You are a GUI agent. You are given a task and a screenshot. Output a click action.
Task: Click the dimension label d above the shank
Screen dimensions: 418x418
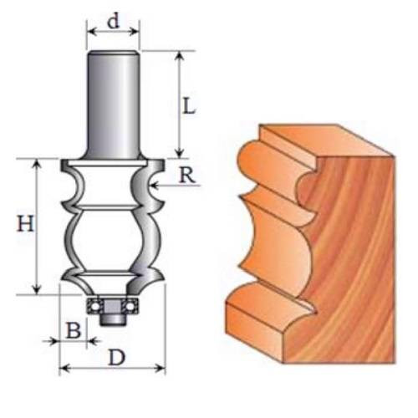click(114, 21)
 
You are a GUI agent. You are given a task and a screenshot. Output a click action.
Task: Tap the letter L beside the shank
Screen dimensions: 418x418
click(188, 105)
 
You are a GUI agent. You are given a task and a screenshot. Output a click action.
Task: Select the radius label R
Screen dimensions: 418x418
click(186, 176)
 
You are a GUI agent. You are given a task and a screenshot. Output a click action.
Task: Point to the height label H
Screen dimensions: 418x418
click(26, 223)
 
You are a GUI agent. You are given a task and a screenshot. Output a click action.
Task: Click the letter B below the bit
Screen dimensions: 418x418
click(74, 330)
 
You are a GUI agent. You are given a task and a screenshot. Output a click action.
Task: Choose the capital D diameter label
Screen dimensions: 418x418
click(117, 358)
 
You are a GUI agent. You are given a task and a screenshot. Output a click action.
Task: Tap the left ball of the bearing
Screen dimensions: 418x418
click(95, 307)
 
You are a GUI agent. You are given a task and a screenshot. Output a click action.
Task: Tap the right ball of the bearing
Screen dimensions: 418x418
click(130, 307)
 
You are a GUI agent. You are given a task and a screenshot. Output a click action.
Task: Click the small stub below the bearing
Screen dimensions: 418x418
click(112, 320)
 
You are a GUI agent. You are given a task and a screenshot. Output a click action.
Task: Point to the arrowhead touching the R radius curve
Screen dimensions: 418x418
click(154, 185)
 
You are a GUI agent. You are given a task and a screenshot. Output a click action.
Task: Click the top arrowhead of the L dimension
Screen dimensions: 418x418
click(181, 56)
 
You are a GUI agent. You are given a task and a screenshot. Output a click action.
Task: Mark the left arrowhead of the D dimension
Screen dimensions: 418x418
click(64, 369)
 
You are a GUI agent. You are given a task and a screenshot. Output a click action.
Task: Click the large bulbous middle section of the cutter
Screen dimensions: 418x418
click(107, 240)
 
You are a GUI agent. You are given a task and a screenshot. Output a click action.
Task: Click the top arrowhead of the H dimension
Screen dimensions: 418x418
click(37, 165)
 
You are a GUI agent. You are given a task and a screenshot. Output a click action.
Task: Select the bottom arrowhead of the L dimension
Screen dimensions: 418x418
click(181, 153)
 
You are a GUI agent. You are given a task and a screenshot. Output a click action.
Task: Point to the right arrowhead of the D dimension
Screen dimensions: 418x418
click(161, 369)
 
